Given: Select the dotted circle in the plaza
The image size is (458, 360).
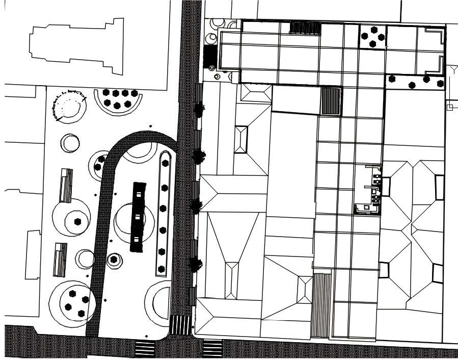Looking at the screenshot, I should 69,106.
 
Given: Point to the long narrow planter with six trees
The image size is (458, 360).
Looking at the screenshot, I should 163,214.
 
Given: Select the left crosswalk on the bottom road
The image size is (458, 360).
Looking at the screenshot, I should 145,349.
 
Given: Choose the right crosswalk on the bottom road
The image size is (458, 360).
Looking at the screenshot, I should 212,348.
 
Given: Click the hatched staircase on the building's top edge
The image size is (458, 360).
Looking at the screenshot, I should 305,28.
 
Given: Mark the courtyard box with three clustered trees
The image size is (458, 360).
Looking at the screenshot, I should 372,37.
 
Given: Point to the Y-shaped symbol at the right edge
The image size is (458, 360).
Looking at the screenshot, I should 452,70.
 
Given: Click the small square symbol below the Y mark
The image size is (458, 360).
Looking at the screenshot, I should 449,107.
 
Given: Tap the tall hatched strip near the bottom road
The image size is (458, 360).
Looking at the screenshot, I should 321,305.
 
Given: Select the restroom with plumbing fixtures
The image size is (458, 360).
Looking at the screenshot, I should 368,190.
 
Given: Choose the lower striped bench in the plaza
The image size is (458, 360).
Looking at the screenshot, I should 60,260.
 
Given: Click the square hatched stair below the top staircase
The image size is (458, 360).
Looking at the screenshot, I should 331,101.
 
